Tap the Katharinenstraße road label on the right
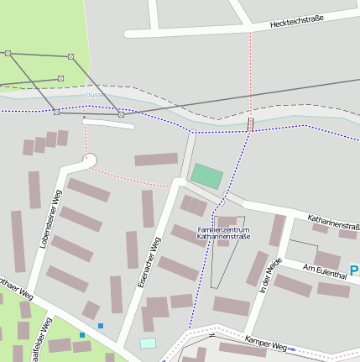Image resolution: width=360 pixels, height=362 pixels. click(333, 223)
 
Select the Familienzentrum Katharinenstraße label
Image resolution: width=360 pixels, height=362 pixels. click(223, 233)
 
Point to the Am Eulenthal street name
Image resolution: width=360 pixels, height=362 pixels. click(325, 271)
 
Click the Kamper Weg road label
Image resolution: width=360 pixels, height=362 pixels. click(266, 341)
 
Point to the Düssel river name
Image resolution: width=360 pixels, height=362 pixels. click(94, 95)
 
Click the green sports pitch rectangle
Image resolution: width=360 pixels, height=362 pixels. click(207, 176)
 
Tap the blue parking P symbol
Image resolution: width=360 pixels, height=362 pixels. click(355, 270)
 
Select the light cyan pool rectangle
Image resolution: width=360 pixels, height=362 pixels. click(148, 343)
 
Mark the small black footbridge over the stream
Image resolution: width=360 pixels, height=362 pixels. click(250, 124)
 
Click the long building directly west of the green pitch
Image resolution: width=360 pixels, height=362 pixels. click(156, 160)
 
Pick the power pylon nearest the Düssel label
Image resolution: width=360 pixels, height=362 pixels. click(121, 113)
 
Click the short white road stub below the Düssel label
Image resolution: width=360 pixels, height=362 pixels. click(108, 124)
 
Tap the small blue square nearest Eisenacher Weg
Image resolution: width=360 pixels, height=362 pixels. click(101, 325)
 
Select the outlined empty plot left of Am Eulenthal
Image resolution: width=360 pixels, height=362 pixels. click(302, 249)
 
